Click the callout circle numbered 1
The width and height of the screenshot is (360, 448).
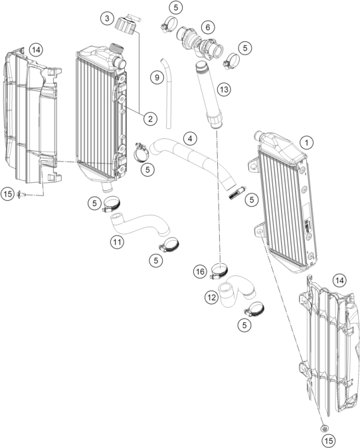307,142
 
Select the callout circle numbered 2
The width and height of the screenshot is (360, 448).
150,118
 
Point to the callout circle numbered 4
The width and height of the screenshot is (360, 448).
190,138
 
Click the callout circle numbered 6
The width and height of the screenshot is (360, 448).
208,27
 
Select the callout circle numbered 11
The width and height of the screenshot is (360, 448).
117,242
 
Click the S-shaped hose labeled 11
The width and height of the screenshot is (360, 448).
139,224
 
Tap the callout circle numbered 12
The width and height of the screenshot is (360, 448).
211,297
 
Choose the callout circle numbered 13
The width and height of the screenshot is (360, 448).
224,90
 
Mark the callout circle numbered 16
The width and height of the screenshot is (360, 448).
200,271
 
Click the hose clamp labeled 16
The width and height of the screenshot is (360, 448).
219,271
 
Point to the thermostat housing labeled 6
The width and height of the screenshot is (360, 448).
199,44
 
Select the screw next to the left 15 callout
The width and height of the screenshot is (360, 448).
21,194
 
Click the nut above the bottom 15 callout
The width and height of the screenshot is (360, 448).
324,428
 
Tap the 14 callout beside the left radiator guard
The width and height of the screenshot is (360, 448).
36,50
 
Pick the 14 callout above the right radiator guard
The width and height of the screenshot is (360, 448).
339,280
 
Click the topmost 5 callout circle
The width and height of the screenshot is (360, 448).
176,8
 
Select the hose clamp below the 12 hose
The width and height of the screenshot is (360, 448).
254,310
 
